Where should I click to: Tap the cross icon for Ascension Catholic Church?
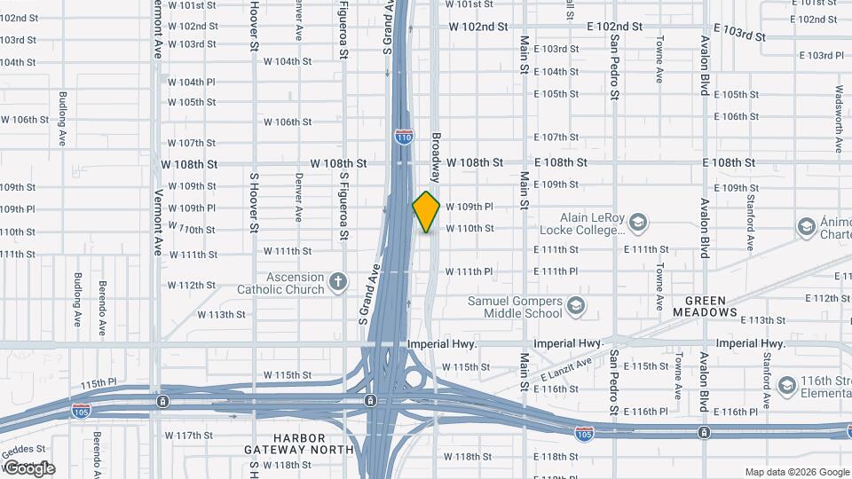point(337,282)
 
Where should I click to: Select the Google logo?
point(28,467)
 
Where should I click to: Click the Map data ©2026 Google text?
point(796,472)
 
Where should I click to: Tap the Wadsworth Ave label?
point(839,114)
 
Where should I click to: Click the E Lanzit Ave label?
point(565,371)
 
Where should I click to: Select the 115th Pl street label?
point(99,383)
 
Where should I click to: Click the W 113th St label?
point(221,315)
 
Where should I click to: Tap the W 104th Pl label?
point(192,82)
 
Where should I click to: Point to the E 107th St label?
point(556,137)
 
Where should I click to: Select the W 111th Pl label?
point(469,271)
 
